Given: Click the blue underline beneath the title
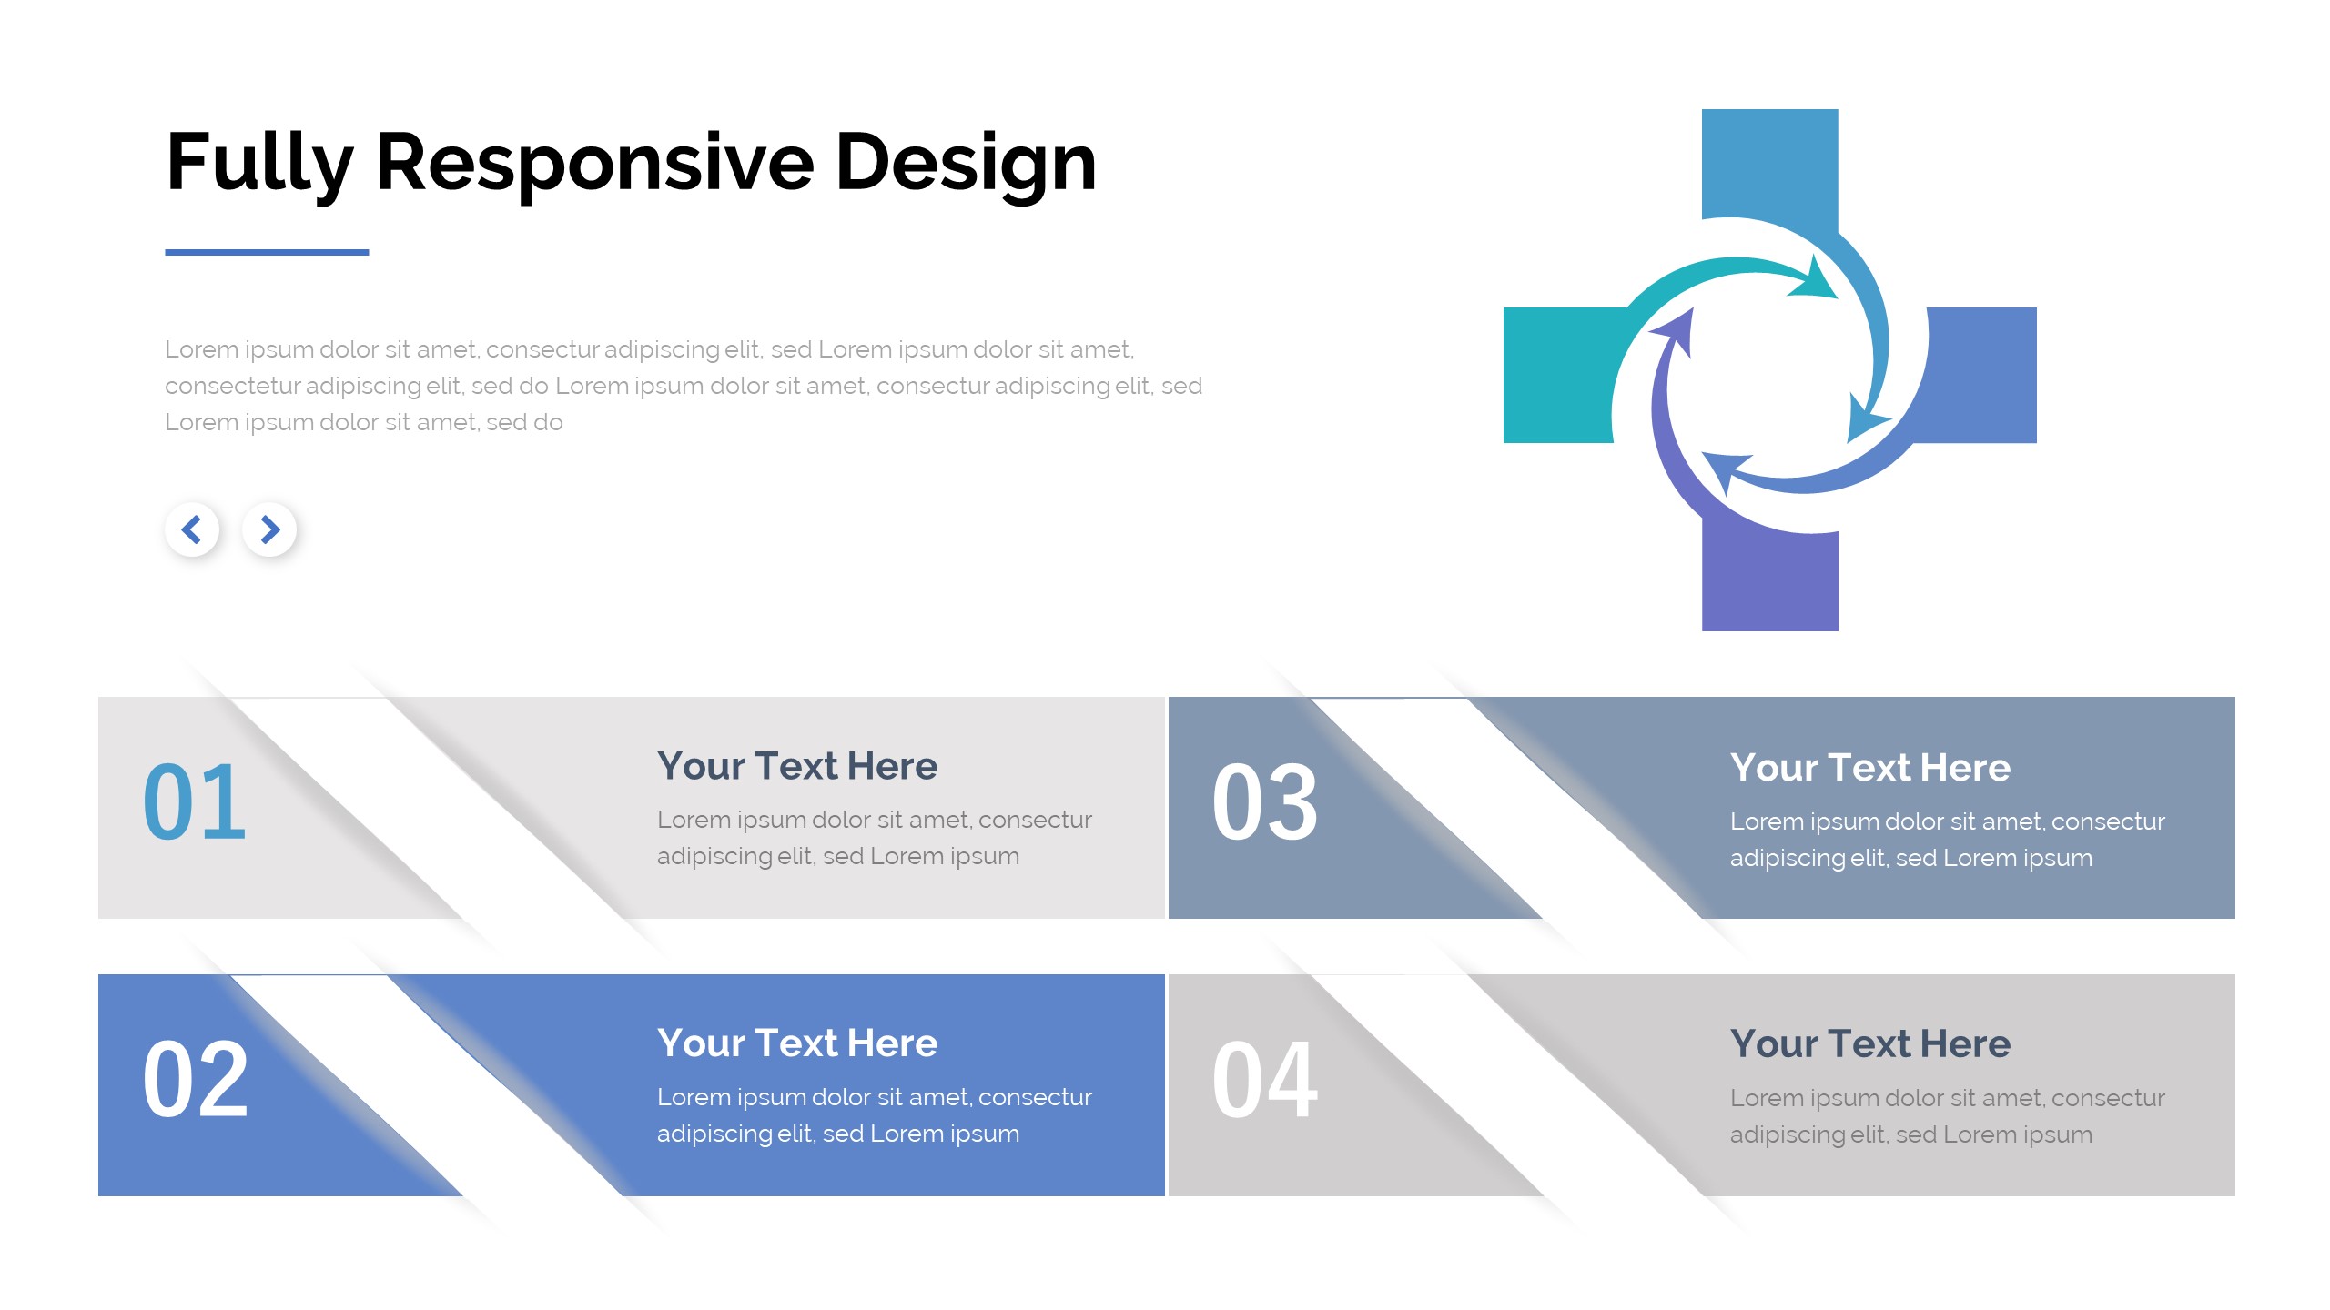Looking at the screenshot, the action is click(x=267, y=252).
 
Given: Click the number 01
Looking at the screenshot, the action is click(x=195, y=802).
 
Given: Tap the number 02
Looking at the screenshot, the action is click(x=195, y=1080).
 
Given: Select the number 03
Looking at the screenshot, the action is click(x=1265, y=802).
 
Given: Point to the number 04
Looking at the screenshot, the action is click(x=1265, y=1080).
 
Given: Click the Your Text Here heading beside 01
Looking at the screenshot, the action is click(x=797, y=766).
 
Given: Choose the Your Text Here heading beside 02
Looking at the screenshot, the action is click(x=797, y=1043).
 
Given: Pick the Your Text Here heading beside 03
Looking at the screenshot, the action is click(x=1870, y=768).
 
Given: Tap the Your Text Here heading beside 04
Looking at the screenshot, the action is click(x=1870, y=1043).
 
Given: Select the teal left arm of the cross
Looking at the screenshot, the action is click(x=1558, y=375).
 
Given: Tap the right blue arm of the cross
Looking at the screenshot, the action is click(x=1980, y=375).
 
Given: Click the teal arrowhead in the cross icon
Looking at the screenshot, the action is click(x=1815, y=280).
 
